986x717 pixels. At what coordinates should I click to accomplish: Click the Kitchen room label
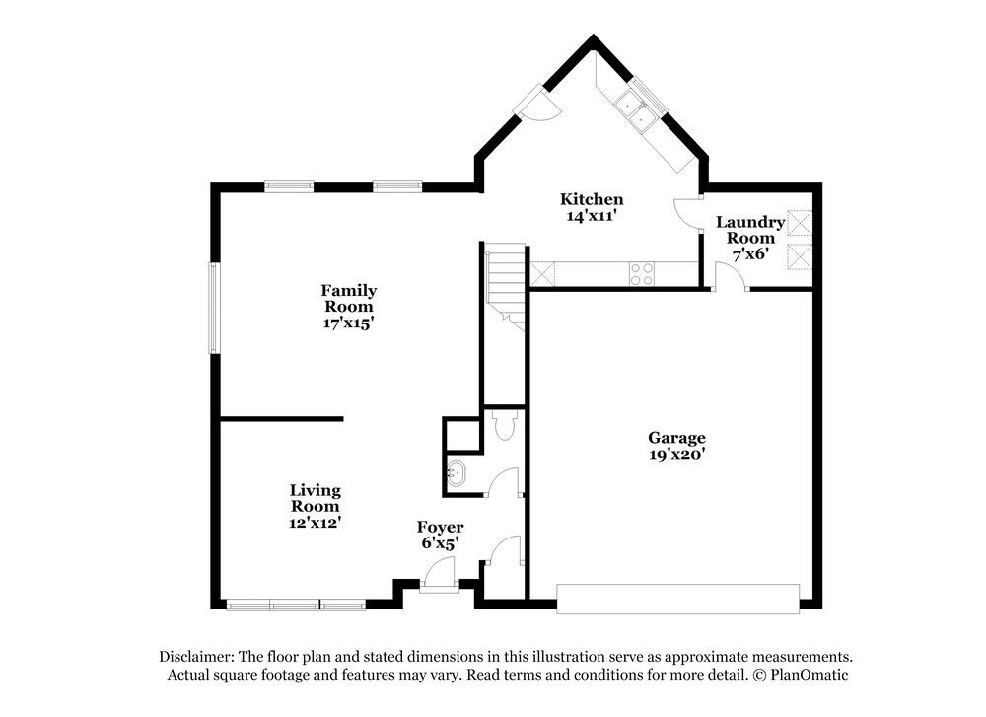[x=592, y=199]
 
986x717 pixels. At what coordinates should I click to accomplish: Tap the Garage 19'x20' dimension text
[x=676, y=455]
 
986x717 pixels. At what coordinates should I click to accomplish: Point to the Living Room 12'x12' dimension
[x=315, y=523]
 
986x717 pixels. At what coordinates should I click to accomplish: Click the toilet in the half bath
[x=504, y=425]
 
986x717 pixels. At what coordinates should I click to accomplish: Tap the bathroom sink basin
[x=457, y=472]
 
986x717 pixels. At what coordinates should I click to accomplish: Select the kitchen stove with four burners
[x=642, y=273]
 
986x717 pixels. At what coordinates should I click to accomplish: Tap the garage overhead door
[x=677, y=598]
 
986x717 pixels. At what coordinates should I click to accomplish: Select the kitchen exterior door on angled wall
[x=538, y=103]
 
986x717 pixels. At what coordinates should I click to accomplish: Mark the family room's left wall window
[x=212, y=308]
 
